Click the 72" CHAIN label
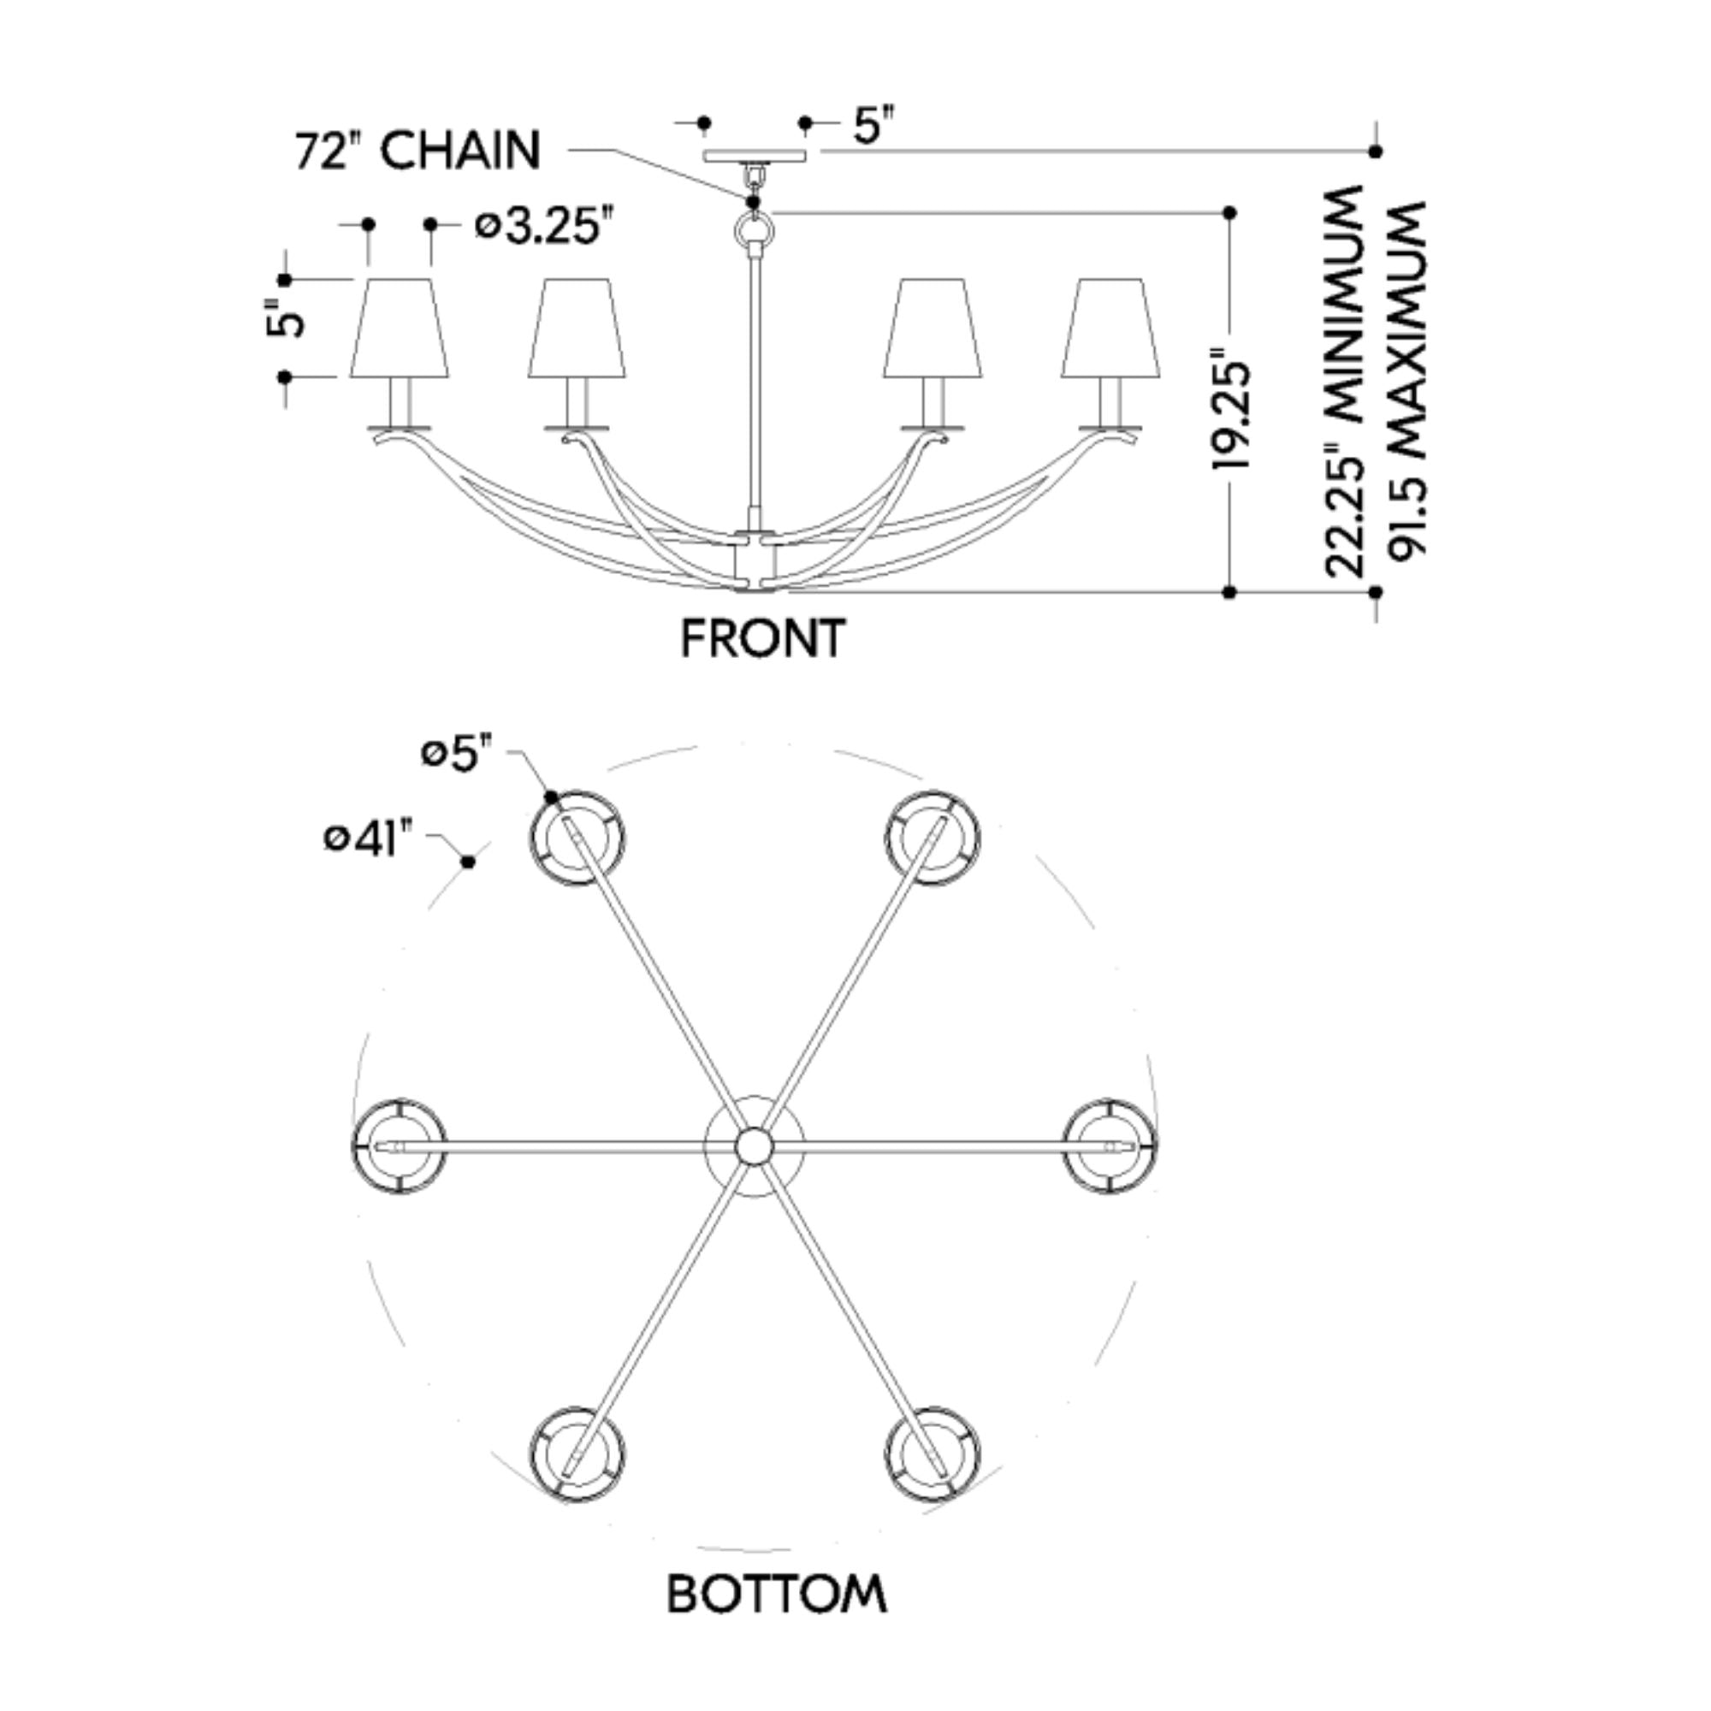[417, 151]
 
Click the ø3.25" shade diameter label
[544, 227]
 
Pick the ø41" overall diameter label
[369, 838]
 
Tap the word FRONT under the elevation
[762, 638]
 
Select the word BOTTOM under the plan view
[776, 1594]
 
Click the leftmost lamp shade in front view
[399, 329]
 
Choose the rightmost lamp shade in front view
[1110, 329]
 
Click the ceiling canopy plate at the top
[755, 156]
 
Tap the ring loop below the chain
[754, 234]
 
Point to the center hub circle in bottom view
[754, 1146]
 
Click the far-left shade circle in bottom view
[399, 1146]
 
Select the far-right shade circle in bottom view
[1110, 1146]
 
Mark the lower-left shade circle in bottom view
[577, 1453]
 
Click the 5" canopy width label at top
[873, 125]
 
